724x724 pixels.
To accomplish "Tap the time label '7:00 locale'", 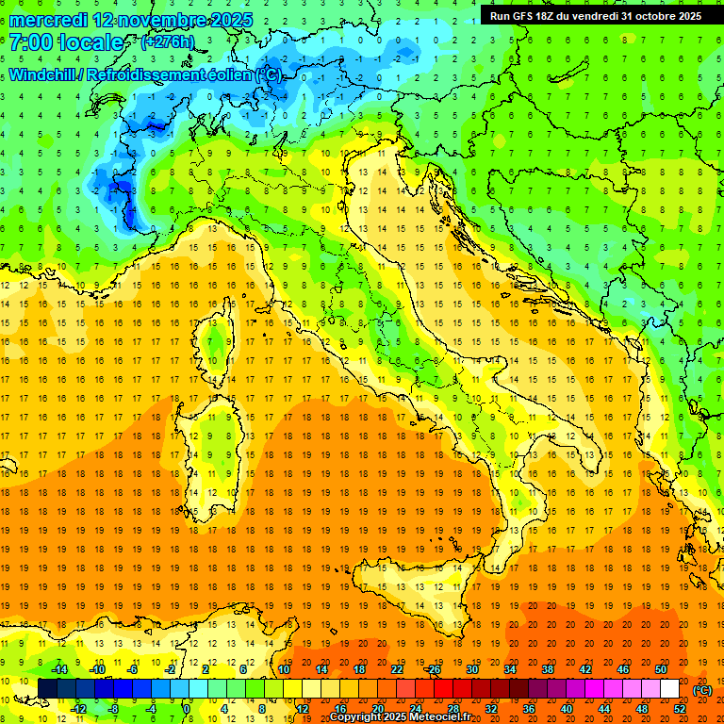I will pyautogui.click(x=67, y=42).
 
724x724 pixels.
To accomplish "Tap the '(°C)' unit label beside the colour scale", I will pyautogui.click(x=702, y=690).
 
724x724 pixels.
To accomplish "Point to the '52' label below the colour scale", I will pyautogui.click(x=680, y=709).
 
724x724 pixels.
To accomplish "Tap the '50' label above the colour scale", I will pyautogui.click(x=661, y=669).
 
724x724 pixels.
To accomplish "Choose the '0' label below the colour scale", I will pyautogui.click(x=187, y=709).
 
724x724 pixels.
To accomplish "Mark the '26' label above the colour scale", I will pyautogui.click(x=434, y=669).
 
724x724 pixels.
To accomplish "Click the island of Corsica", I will pyautogui.click(x=217, y=344).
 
